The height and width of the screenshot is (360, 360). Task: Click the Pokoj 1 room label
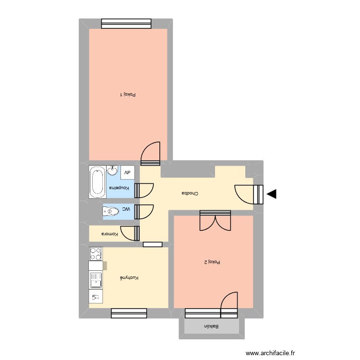click(x=128, y=95)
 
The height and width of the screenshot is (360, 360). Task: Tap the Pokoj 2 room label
click(x=212, y=262)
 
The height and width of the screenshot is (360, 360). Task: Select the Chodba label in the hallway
click(x=190, y=193)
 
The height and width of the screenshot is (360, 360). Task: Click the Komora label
click(x=109, y=234)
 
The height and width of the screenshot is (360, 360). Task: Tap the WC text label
click(x=126, y=209)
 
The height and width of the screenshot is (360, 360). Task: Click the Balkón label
click(x=211, y=326)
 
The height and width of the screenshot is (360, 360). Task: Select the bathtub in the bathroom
click(x=97, y=182)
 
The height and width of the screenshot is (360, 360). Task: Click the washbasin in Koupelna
click(x=113, y=171)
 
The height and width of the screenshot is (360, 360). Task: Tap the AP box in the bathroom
click(x=128, y=172)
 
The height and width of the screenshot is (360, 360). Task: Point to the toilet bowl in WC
click(x=111, y=210)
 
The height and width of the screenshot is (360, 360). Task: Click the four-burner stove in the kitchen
click(x=96, y=253)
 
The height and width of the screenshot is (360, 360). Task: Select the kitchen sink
click(x=95, y=280)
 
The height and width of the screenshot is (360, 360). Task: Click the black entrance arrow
click(x=272, y=194)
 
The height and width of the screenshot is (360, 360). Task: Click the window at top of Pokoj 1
click(x=126, y=23)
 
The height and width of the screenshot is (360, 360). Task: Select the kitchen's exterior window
click(x=129, y=313)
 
